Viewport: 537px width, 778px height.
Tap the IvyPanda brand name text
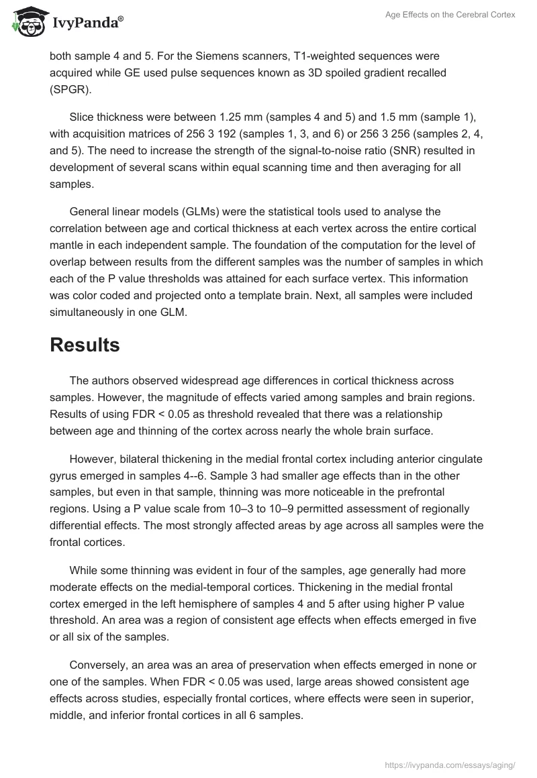87,23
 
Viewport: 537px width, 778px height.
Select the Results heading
85,345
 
